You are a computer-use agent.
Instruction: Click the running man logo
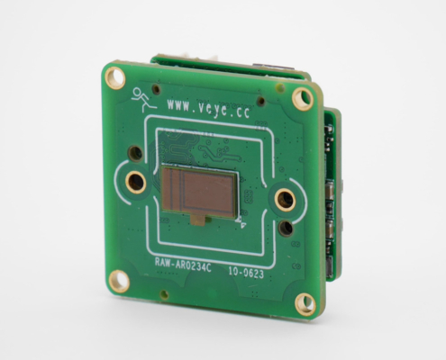coord(142,100)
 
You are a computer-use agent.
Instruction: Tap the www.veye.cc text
coord(208,109)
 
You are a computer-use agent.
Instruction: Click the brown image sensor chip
coord(200,192)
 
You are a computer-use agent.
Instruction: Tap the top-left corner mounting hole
coord(114,77)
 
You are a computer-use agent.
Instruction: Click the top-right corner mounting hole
coord(302,98)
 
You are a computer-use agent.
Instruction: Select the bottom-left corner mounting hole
coord(119,281)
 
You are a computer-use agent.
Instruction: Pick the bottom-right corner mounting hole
coord(305,304)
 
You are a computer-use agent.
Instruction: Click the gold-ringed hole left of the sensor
coord(136,182)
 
